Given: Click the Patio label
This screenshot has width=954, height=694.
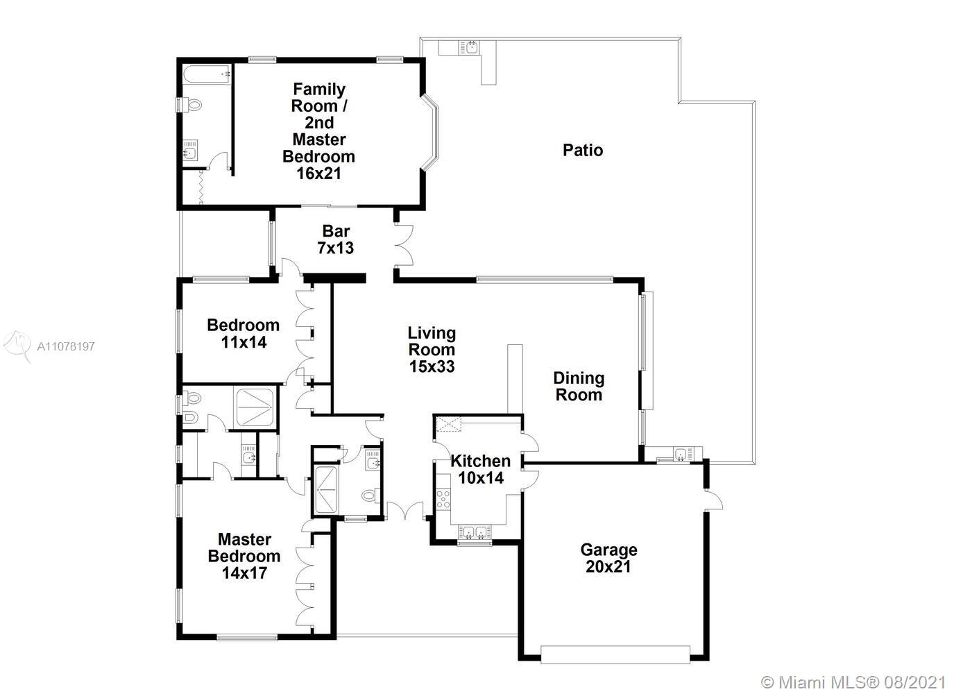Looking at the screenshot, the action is [583, 151].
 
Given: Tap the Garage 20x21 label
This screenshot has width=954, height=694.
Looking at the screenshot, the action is [608, 558].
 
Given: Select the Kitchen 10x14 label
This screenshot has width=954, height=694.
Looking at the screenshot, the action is [481, 469].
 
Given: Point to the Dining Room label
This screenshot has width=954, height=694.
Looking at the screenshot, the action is [579, 387].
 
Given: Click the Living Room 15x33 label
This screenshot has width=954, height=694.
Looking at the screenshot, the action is [432, 349].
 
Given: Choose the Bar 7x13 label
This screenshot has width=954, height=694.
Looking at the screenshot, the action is [336, 239].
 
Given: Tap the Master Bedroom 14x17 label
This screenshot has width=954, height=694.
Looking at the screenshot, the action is [244, 556].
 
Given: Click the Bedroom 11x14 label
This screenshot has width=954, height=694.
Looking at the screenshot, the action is [244, 334].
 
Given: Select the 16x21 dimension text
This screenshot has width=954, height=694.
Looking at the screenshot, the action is [319, 173].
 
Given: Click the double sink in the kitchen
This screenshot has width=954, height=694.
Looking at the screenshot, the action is [475, 532].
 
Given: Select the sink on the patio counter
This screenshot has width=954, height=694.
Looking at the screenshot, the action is [470, 47].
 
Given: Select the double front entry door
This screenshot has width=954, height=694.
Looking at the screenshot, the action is [405, 510].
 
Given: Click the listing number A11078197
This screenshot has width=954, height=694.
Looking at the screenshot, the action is [66, 346].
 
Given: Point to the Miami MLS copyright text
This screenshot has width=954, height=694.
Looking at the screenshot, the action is [853, 683].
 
